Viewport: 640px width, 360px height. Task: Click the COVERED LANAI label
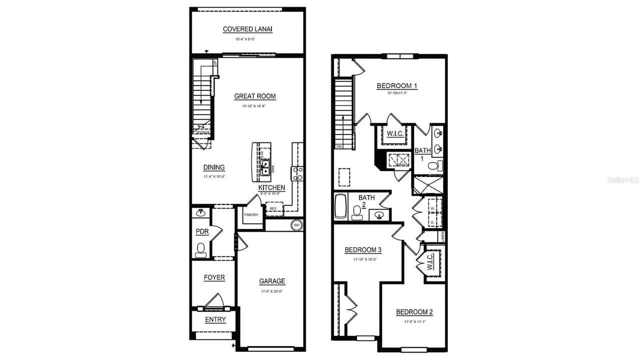(x=247, y=29)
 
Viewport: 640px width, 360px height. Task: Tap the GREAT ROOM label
(x=255, y=96)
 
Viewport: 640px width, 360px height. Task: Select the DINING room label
(x=214, y=167)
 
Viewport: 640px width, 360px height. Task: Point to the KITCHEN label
(x=271, y=187)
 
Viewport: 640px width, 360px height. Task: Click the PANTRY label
(x=251, y=215)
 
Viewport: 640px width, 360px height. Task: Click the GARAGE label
(x=272, y=281)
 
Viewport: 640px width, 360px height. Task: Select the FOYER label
(x=214, y=277)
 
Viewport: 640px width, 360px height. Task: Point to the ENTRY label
(x=215, y=319)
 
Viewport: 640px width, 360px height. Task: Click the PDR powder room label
(x=201, y=232)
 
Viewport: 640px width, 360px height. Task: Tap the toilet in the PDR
(x=201, y=249)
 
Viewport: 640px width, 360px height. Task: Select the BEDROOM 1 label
(x=397, y=85)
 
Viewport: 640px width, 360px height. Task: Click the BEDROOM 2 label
(x=414, y=312)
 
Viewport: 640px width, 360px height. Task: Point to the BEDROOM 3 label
(x=363, y=249)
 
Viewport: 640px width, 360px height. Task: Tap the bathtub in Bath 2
(x=340, y=206)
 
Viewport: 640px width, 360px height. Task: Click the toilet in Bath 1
(x=435, y=165)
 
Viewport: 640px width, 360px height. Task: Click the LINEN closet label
(x=442, y=236)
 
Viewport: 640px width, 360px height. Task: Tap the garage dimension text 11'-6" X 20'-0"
(x=272, y=291)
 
